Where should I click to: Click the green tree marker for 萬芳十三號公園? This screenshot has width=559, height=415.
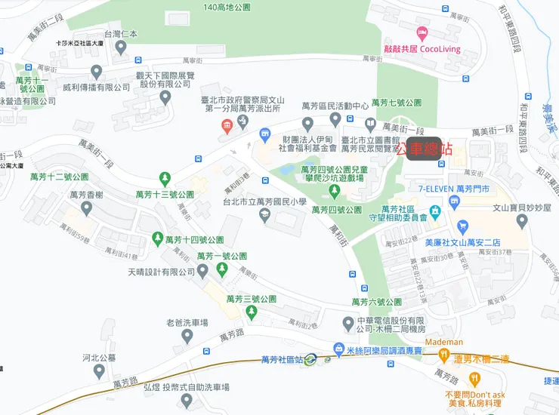pyautogui.click(x=165, y=179)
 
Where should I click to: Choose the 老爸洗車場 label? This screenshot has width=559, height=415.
pyautogui.click(x=187, y=323)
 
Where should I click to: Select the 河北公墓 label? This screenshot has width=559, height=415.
pyautogui.click(x=97, y=358)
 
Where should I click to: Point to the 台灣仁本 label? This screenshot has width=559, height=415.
pyautogui.click(x=121, y=34)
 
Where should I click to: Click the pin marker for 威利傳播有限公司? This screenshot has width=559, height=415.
pyautogui.click(x=96, y=72)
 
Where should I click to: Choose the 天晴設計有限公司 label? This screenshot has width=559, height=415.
pyautogui.click(x=162, y=272)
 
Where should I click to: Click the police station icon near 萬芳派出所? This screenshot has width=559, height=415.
pyautogui.click(x=225, y=126)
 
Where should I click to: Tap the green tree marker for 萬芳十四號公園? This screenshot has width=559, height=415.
pyautogui.click(x=157, y=239)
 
